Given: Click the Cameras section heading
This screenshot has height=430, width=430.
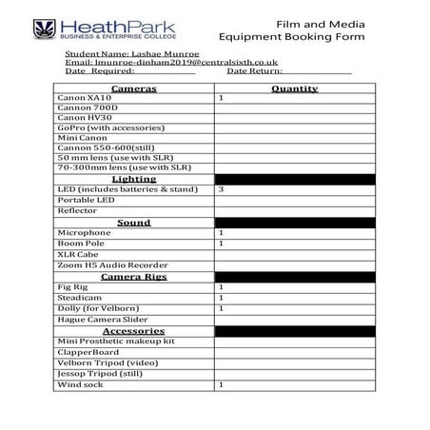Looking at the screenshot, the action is click(133, 88).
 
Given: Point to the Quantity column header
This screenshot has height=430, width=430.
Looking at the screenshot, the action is click(294, 88).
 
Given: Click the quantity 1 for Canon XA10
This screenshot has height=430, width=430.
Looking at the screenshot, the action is click(222, 98).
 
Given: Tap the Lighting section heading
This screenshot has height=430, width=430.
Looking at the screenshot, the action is click(133, 178).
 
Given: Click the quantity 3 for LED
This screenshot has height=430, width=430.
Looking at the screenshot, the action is click(222, 189).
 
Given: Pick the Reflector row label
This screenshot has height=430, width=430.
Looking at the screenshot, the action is click(78, 210).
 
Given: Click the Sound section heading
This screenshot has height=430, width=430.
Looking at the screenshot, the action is click(133, 222).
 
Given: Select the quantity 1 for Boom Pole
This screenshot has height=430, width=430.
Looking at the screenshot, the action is click(222, 244).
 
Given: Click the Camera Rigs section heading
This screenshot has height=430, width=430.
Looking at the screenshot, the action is click(133, 276).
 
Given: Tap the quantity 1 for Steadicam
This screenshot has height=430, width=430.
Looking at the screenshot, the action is click(222, 297).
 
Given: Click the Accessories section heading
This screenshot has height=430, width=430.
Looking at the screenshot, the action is click(133, 330).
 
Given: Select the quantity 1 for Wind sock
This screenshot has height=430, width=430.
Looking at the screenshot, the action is click(222, 384).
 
